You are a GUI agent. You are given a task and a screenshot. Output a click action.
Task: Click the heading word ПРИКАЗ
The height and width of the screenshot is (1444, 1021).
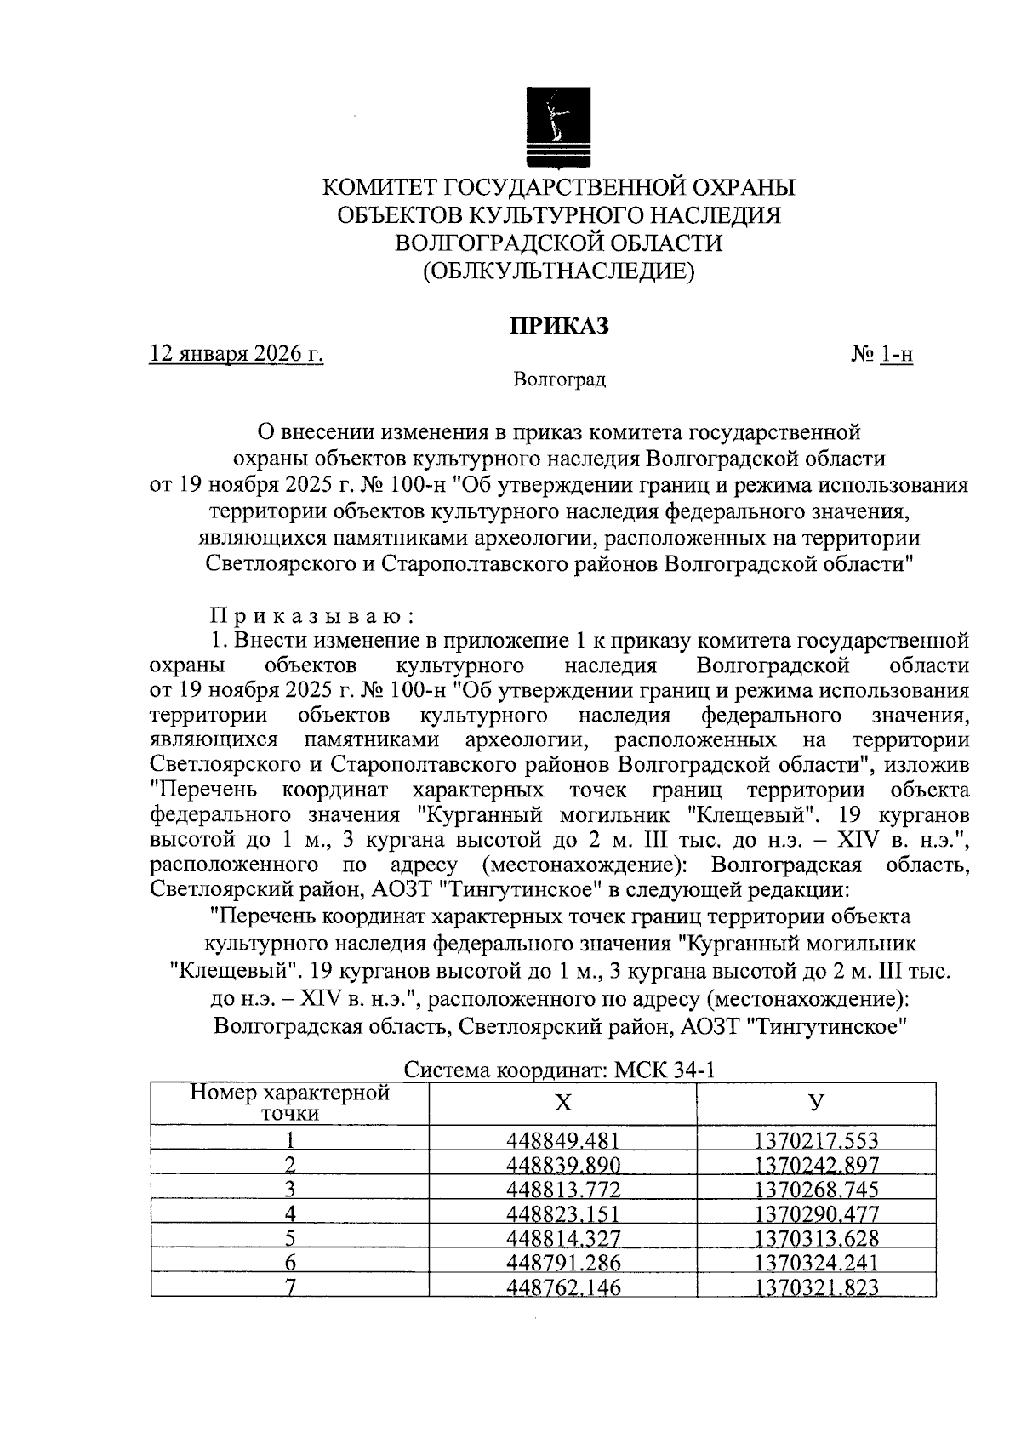coord(559,327)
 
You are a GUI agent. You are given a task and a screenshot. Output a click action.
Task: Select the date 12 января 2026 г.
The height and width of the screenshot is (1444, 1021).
coord(237,354)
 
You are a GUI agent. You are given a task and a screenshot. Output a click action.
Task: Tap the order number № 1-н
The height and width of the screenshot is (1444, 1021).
coord(881,354)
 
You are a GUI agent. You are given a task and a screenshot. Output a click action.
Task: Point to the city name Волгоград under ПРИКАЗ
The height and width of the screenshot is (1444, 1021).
coord(559,380)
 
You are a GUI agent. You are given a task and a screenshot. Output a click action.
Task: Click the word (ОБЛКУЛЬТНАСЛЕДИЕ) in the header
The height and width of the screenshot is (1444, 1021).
coord(559,271)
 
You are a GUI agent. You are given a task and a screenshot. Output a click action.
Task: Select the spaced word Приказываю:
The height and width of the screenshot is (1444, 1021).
coord(312,615)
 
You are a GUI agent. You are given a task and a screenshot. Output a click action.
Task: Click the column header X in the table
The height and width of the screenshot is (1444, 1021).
coord(562,1104)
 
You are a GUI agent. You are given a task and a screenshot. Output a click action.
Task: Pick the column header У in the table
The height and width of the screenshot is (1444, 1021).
coord(816,1104)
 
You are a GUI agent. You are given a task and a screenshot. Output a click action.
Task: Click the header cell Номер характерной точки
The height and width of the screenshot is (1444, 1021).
coord(289,1104)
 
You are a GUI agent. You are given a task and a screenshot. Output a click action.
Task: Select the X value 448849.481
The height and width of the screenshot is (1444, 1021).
coord(562,1140)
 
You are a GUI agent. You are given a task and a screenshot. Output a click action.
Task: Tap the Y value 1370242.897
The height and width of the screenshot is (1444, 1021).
coord(816,1165)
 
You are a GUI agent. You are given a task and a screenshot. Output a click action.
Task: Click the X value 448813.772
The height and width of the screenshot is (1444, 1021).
coord(562,1190)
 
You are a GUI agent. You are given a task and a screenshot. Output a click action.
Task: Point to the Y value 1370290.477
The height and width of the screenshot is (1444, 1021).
coord(816,1214)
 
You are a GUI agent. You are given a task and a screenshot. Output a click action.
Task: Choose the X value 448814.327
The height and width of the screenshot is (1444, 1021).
coord(562,1238)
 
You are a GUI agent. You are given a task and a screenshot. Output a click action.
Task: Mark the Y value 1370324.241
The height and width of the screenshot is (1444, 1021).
coord(816,1263)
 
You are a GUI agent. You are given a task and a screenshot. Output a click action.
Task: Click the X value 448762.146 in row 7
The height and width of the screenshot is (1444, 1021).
coord(562,1287)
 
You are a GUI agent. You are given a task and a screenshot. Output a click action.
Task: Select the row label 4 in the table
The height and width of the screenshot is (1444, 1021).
coord(289,1214)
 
